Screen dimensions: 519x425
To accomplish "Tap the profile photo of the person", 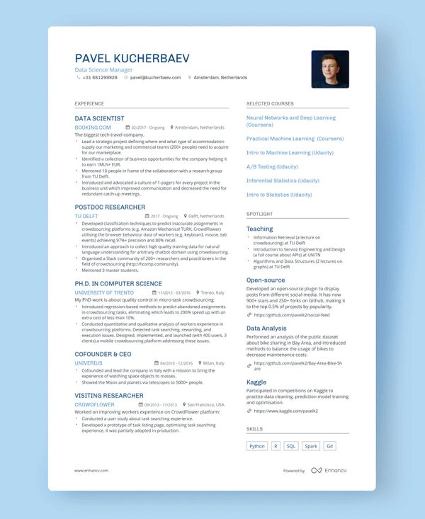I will click(x=329, y=69).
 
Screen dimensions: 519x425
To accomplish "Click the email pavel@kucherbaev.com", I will click(x=155, y=77).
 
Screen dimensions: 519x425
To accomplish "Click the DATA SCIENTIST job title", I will click(x=99, y=118).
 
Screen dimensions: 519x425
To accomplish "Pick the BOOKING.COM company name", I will click(x=93, y=127).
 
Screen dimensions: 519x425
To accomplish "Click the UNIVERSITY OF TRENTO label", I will click(x=103, y=292).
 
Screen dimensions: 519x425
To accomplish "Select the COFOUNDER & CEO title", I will click(x=103, y=353).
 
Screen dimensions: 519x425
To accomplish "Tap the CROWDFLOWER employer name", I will click(x=94, y=404).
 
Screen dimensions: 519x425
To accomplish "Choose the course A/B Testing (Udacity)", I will click(x=272, y=166).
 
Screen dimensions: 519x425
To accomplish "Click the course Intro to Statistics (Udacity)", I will click(x=279, y=195).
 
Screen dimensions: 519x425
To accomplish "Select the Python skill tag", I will click(x=257, y=446).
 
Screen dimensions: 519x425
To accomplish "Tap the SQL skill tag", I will click(x=291, y=446).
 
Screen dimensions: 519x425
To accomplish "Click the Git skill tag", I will click(x=330, y=446).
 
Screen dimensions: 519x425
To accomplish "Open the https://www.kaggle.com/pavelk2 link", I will click(x=285, y=411).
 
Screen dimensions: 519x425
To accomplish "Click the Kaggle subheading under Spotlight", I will click(x=256, y=382).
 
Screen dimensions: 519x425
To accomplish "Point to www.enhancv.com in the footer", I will click(x=91, y=470).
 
